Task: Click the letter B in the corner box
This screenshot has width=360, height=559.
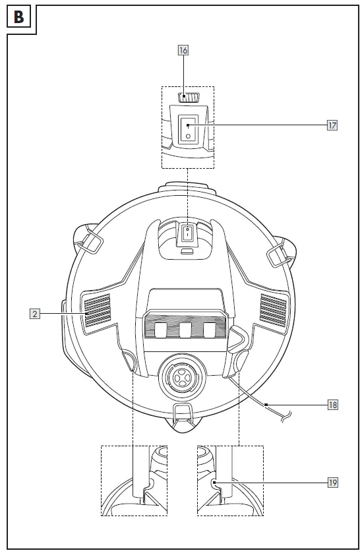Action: (18, 17)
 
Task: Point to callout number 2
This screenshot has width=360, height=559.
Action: (35, 314)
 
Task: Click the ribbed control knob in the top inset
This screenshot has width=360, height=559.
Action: (190, 98)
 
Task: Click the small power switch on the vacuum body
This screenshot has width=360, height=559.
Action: (189, 233)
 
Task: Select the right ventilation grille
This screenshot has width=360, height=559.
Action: (273, 309)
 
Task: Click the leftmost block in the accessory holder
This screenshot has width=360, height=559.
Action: (160, 330)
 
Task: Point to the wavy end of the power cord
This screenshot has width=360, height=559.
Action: (287, 415)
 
